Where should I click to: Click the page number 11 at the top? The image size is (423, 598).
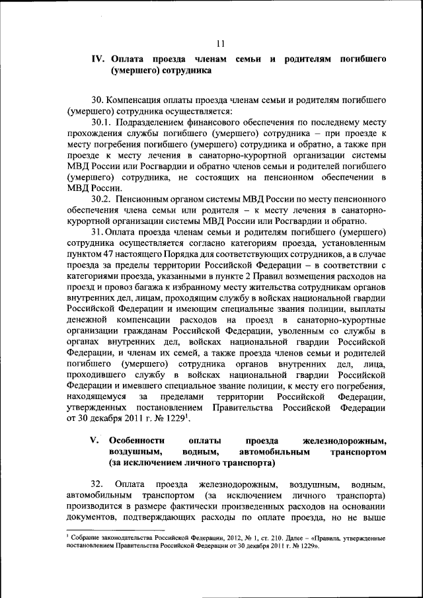pos(221,44)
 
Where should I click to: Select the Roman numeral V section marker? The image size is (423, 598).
pos(95,440)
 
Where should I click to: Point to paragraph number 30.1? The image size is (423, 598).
pos(103,122)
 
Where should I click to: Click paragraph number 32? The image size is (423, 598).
pos(97,484)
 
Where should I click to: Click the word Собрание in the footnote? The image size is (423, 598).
pos(86,539)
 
